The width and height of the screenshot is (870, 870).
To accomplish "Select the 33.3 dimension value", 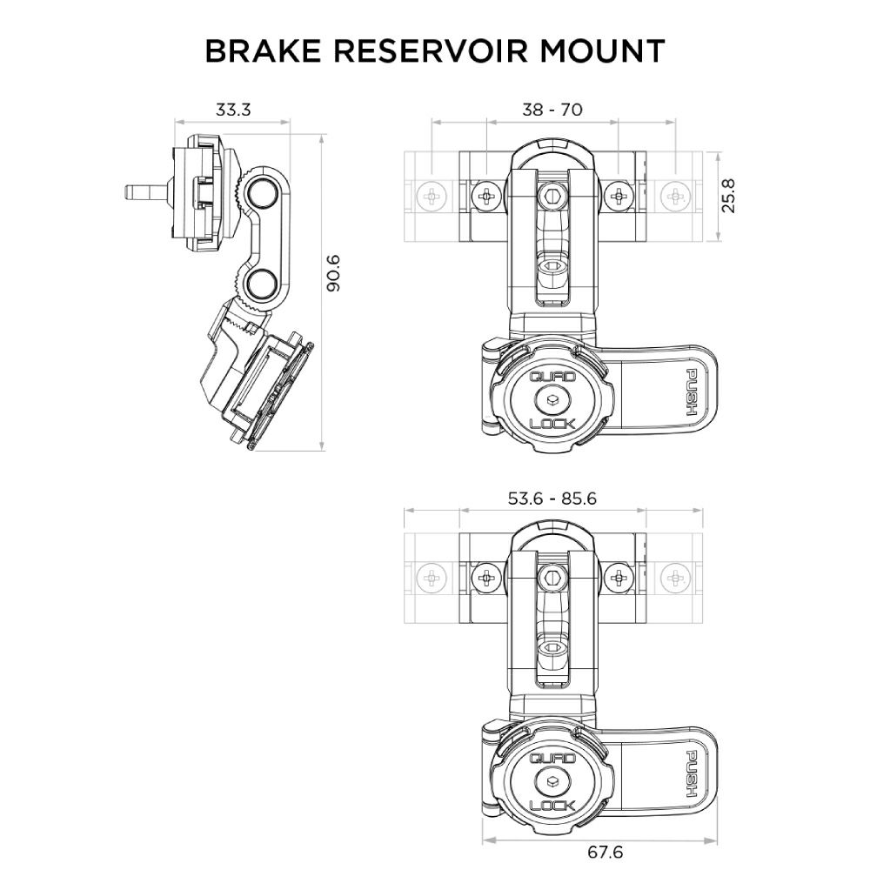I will (233, 110).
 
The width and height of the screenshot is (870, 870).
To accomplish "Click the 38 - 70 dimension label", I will (552, 110).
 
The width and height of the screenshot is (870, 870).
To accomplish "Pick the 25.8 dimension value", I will (729, 196).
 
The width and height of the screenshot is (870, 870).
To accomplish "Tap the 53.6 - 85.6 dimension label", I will (553, 499).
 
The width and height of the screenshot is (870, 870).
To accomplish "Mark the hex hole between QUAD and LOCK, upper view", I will (552, 401).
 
